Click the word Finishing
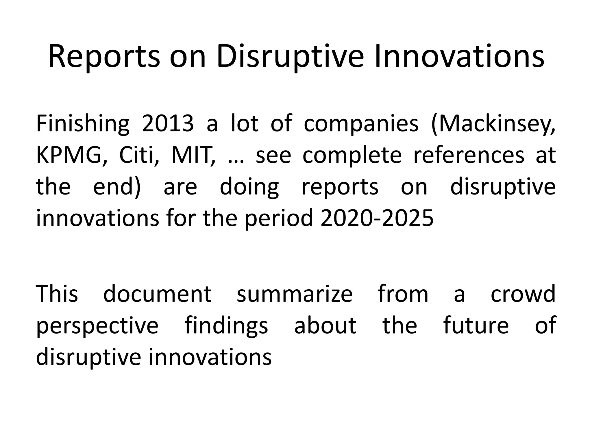click(83, 123)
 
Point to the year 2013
click(168, 123)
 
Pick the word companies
click(361, 123)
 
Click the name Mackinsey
click(493, 123)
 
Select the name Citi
click(139, 155)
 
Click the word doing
click(249, 187)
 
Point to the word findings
click(226, 326)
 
